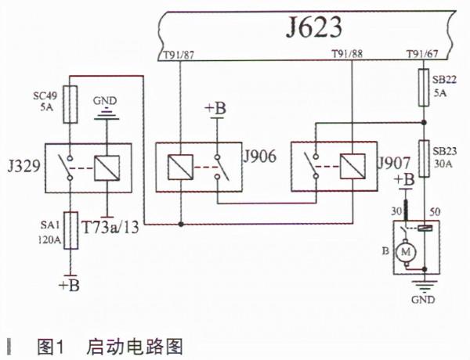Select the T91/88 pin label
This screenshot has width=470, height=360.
345,56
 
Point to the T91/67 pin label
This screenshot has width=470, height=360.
422,56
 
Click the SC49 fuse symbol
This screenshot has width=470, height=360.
70,106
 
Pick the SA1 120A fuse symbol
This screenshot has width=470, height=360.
70,231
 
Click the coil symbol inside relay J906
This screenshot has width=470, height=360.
180,167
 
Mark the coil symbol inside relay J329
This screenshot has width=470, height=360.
107,167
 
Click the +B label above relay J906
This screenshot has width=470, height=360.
215,108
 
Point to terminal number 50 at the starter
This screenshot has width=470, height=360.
436,211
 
